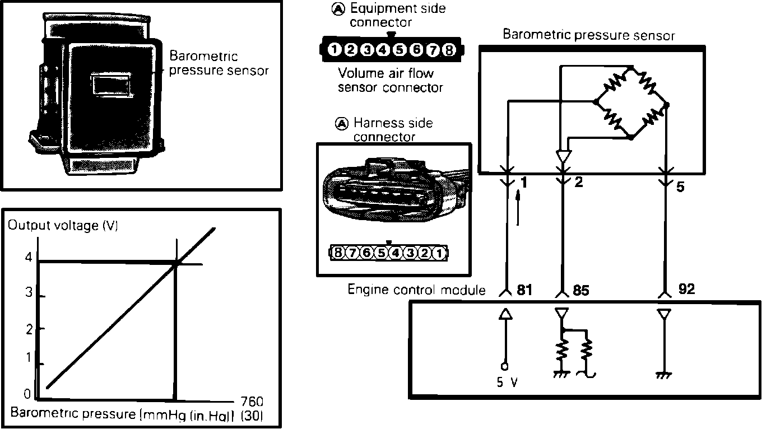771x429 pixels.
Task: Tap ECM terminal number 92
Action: tap(686, 289)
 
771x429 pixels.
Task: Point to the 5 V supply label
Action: tap(507, 385)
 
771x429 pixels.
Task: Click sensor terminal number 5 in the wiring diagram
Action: tap(680, 186)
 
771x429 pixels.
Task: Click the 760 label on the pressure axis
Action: tap(251, 402)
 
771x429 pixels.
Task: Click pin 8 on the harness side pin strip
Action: tap(338, 253)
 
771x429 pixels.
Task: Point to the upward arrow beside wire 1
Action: tap(518, 207)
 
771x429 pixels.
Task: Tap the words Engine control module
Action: tap(416, 290)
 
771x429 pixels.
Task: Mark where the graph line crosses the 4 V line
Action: tap(177, 263)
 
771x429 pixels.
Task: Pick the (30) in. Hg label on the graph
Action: tap(251, 416)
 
